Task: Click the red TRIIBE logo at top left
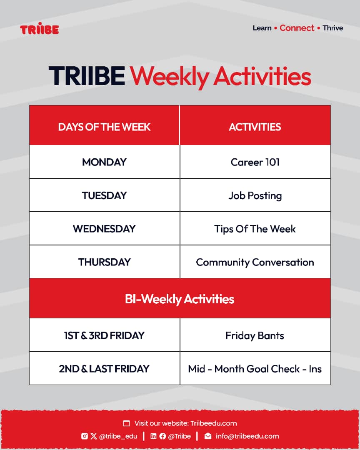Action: click(39, 28)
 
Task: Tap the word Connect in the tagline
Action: click(297, 28)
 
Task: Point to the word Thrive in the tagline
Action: click(333, 28)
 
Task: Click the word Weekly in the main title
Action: click(170, 77)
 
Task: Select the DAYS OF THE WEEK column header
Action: click(104, 127)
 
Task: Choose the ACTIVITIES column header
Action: click(255, 127)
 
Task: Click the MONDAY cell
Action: click(104, 162)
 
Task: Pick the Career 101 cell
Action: click(255, 162)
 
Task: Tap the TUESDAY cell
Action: click(104, 195)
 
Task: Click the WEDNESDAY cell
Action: click(104, 229)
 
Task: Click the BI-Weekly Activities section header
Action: click(180, 299)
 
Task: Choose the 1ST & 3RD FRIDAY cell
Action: click(104, 335)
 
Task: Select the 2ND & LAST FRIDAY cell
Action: click(104, 369)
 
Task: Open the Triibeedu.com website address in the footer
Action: click(214, 423)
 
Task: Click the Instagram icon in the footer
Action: click(85, 436)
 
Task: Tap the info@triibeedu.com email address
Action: click(247, 436)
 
